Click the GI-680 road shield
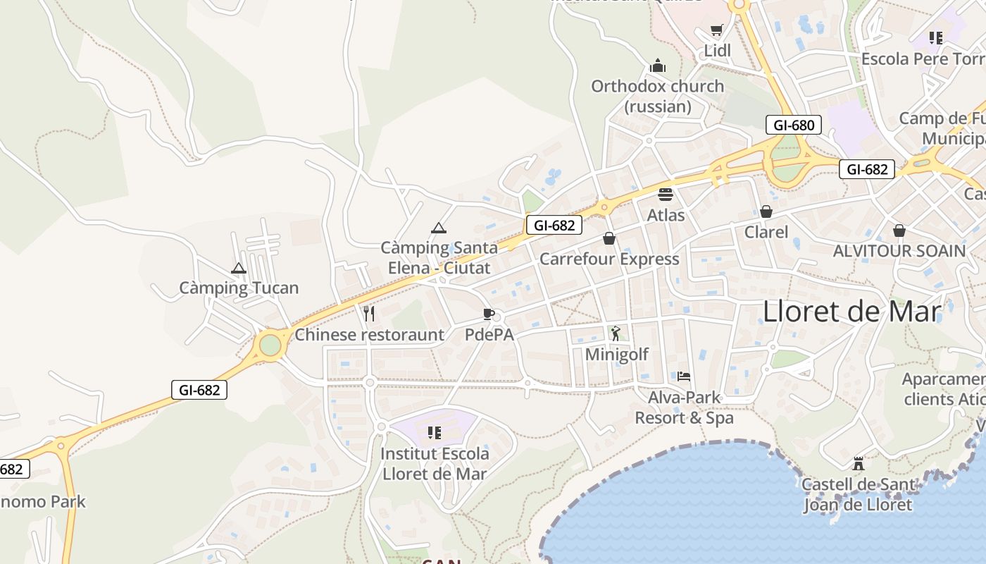pos(794,125)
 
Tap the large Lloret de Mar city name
pos(851,311)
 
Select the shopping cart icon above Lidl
pos(717,30)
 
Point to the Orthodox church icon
pos(658,66)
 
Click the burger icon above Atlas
pos(666,194)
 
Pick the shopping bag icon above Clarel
pos(766,211)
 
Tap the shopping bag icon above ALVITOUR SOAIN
pos(899,231)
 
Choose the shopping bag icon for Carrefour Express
pos(609,239)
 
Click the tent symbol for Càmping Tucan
pos(239,268)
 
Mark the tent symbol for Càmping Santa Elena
pos(439,228)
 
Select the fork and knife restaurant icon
pos(369,314)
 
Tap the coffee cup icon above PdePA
pos(488,314)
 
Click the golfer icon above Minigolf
pos(616,333)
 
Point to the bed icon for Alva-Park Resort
pos(684,376)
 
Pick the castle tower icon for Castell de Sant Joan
pos(858,464)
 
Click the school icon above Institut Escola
pos(435,432)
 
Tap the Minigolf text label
pos(617,354)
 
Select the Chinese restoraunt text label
pos(369,335)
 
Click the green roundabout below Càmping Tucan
pos(270,345)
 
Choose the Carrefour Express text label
pos(609,259)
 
